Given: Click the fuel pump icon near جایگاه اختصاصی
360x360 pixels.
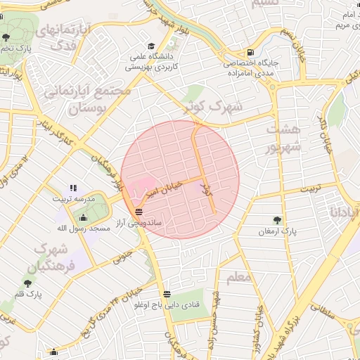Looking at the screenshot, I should coord(251,53).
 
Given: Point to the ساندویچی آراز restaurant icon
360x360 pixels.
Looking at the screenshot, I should coord(139,211).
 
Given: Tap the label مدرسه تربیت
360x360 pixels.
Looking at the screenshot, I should coord(74,199).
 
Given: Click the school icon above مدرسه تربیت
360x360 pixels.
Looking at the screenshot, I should coord(73,188).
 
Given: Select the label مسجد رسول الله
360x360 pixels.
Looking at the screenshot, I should coord(82,229).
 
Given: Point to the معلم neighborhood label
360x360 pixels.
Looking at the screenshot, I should coord(239,278).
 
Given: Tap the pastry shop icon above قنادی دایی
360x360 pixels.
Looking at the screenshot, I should coord(167,294).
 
